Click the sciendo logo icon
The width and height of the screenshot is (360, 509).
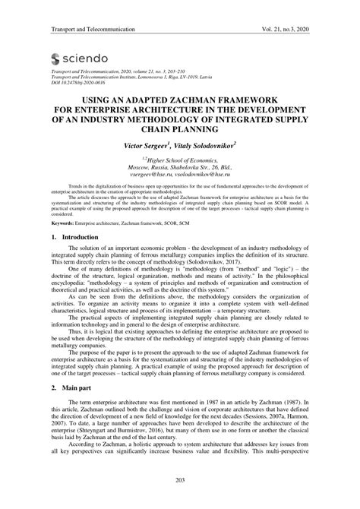[x=55, y=58]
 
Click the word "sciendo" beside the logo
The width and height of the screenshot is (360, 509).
[x=87, y=58]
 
